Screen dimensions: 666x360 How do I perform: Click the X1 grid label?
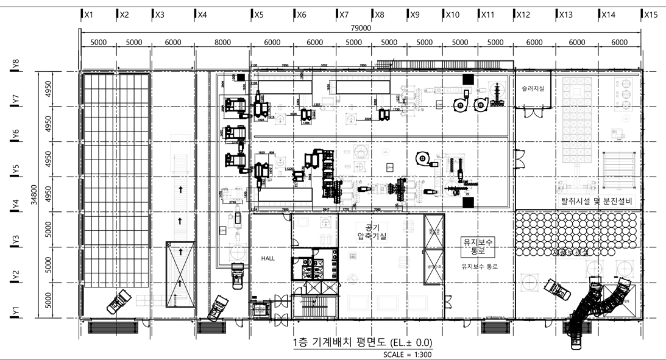click(88, 13)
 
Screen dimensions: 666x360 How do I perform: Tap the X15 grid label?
click(651, 13)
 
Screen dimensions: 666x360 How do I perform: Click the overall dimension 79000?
click(361, 28)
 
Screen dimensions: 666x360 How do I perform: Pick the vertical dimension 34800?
click(34, 195)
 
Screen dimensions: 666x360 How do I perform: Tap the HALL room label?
click(268, 258)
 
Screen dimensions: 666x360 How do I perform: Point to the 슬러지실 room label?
click(533, 88)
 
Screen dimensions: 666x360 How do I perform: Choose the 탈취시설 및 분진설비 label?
click(597, 200)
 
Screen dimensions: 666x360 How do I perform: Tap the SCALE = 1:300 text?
click(408, 354)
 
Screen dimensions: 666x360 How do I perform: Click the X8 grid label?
click(379, 13)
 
